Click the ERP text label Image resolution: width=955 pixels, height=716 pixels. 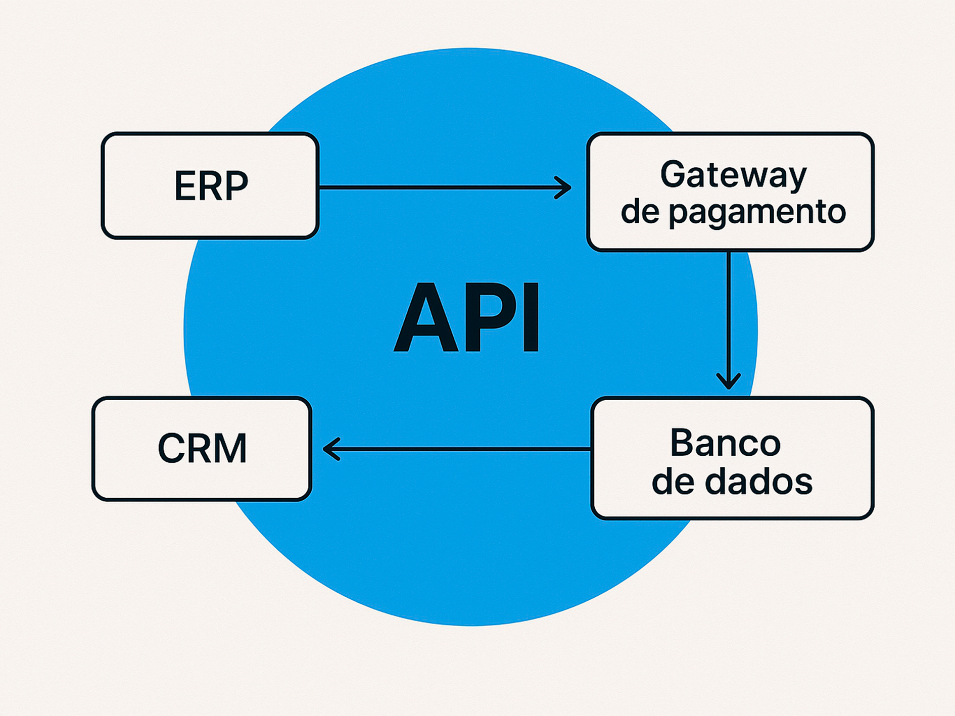coord(211,186)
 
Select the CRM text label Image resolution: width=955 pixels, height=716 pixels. coord(202,449)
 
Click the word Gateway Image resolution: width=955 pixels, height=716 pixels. coord(733,175)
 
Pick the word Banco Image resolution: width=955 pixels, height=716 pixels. coord(726,443)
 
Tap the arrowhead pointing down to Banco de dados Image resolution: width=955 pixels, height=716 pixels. coord(729,381)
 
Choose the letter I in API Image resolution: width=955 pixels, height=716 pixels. coord(531,318)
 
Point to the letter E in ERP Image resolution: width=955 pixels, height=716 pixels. coord(184,186)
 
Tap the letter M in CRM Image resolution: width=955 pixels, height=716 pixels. coord(230,449)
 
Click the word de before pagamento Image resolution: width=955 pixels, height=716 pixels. coord(640,211)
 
